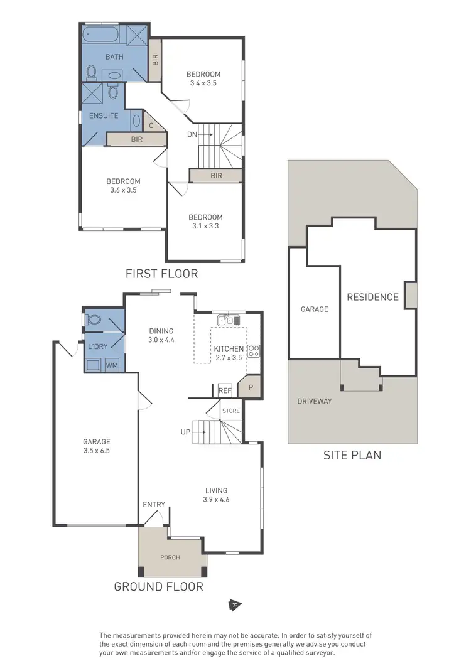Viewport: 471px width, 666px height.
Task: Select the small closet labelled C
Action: point(151,125)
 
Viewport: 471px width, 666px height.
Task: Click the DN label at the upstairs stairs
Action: point(193,134)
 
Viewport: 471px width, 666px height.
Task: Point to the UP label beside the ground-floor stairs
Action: point(185,432)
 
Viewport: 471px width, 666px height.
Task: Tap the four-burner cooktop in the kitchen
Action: point(254,352)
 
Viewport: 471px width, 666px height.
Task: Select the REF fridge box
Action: point(224,390)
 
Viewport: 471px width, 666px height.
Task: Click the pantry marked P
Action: point(250,388)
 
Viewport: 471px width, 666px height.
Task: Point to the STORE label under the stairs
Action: point(231,411)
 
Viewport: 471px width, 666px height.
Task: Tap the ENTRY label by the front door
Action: point(154,505)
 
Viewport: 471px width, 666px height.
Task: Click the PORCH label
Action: point(170,557)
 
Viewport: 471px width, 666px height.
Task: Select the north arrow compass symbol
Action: point(235,606)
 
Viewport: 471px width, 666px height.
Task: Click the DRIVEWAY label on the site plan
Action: point(315,401)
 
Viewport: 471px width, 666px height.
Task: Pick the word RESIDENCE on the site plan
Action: point(372,297)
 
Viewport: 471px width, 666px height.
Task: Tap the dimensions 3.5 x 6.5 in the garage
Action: point(97,450)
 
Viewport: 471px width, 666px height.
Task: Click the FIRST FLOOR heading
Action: point(161,273)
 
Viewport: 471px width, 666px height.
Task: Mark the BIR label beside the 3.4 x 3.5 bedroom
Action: point(154,61)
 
